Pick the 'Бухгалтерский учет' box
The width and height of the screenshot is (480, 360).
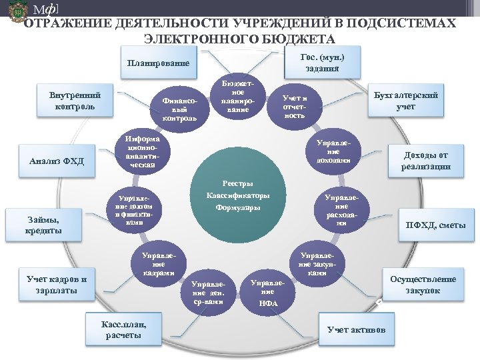406,101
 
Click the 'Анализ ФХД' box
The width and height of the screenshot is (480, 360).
57,161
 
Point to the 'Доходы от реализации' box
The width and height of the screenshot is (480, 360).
425,161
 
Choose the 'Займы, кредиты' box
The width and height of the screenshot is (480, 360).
43,225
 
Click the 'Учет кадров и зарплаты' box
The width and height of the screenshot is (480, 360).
57,285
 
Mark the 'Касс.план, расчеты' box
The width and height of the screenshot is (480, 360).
123,329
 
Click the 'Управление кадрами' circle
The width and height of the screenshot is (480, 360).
159,263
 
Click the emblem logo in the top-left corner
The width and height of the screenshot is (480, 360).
16,13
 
